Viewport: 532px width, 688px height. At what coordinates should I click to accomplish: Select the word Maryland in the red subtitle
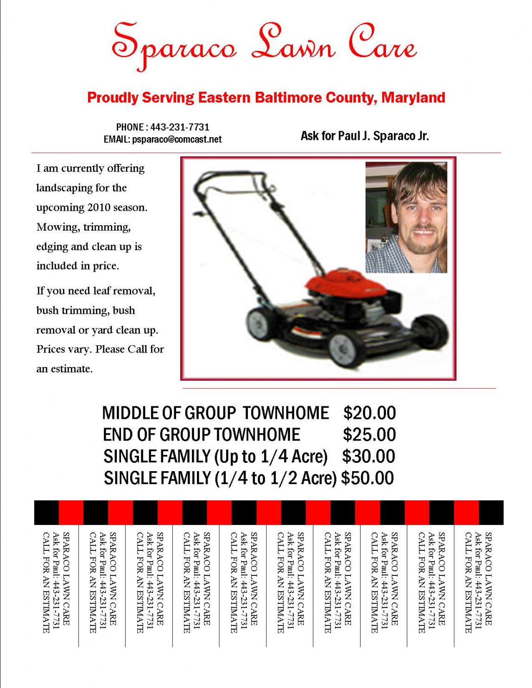(413, 98)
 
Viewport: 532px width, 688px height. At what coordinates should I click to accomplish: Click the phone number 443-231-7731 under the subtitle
(180, 127)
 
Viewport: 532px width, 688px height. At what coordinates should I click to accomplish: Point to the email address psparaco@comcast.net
(177, 139)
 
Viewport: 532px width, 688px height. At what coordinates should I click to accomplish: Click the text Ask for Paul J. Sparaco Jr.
(365, 136)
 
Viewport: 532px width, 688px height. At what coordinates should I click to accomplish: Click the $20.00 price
(369, 413)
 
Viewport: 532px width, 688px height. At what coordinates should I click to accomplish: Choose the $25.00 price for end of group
(369, 435)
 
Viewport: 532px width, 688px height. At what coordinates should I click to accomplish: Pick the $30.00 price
(368, 456)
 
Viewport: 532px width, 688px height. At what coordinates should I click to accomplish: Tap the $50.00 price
(367, 478)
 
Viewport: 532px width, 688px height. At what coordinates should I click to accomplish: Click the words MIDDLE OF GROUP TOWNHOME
(215, 413)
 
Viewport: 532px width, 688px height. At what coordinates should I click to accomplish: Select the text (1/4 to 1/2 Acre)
(276, 478)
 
